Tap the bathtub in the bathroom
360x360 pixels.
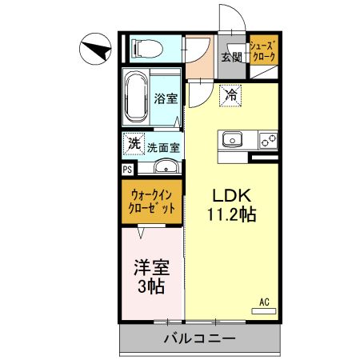tap(136, 97)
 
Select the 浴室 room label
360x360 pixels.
tap(166, 98)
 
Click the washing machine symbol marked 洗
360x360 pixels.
tap(134, 144)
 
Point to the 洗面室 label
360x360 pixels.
tap(164, 148)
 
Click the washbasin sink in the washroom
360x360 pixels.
tap(166, 166)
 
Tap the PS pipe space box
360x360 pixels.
tap(128, 170)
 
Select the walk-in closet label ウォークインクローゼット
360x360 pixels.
tap(151, 202)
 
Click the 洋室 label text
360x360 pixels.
tap(151, 267)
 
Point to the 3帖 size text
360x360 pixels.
tap(151, 286)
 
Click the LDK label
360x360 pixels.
tap(231, 195)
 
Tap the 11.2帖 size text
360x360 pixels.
tap(231, 214)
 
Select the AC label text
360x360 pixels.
tap(264, 302)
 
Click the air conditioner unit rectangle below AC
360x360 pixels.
tap(264, 311)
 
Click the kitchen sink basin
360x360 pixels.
tap(232, 139)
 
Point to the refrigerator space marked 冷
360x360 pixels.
tap(230, 96)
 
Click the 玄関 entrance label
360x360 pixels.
tap(232, 57)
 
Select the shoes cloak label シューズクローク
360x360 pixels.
tap(264, 52)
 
